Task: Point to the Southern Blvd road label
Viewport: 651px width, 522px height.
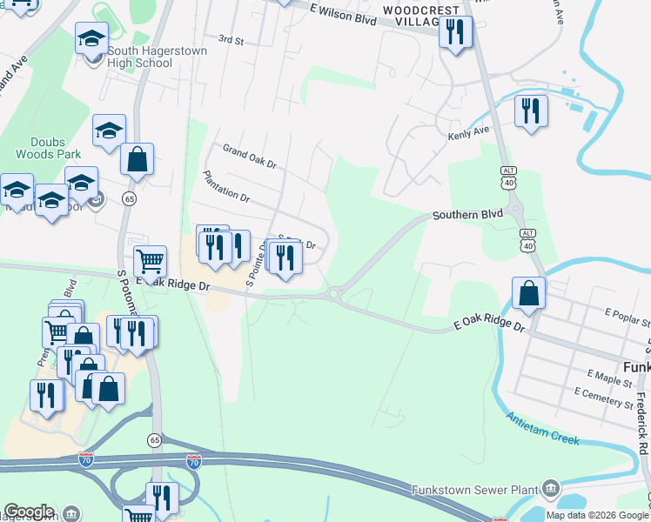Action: [469, 213]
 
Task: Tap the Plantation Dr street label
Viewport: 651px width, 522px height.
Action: [225, 186]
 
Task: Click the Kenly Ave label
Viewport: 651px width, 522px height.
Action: [469, 130]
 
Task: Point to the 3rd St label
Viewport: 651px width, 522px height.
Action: [231, 39]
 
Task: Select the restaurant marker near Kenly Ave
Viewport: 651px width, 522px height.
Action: [530, 110]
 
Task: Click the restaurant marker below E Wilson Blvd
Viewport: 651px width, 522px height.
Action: [455, 32]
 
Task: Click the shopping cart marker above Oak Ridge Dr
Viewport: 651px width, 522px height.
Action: [150, 259]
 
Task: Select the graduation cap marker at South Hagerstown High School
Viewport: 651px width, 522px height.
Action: [91, 38]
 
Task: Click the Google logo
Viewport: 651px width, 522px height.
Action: [29, 512]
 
